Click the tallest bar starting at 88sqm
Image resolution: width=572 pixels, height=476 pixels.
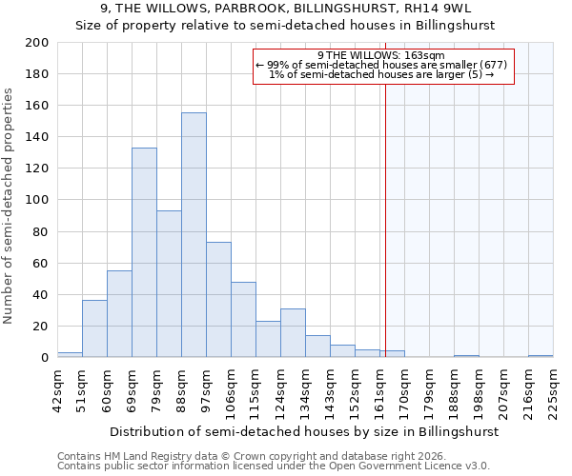194,235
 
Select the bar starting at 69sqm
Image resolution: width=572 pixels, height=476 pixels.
144,252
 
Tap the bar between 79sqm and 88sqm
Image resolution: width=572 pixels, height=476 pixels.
169,284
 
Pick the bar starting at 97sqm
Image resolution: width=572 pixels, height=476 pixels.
218,300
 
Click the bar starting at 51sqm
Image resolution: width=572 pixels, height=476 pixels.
94,328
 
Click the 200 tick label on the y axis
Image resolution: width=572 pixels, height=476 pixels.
36,43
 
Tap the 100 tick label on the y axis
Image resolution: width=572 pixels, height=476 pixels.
36,200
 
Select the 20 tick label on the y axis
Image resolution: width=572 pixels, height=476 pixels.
40,327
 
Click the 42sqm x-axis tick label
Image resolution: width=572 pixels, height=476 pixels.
57,389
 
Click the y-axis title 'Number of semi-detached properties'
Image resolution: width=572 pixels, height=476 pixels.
10,206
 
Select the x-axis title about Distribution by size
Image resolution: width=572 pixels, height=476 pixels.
304,431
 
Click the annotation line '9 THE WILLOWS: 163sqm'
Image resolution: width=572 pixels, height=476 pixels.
381,56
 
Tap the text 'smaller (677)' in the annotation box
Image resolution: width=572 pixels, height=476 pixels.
471,65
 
